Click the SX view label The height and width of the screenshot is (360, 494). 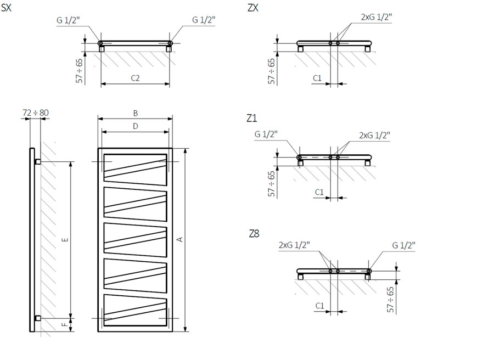click(x=6, y=7)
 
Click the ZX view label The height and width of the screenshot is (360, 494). click(x=253, y=7)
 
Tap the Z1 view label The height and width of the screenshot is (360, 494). click(x=252, y=118)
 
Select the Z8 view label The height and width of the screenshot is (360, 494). click(x=254, y=234)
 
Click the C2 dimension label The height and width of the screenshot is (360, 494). click(x=135, y=78)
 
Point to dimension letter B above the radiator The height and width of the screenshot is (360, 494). click(x=136, y=113)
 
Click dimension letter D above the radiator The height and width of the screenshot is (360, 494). click(x=136, y=126)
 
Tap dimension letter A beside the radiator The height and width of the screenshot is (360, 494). click(x=179, y=240)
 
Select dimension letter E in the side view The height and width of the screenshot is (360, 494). click(x=65, y=240)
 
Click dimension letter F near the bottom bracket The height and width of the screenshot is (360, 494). click(x=65, y=324)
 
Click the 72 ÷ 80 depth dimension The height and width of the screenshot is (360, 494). click(x=36, y=113)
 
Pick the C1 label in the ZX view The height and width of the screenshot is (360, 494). click(x=317, y=78)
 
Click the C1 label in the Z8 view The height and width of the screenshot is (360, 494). click(x=320, y=306)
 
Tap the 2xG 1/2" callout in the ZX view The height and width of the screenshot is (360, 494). click(x=377, y=17)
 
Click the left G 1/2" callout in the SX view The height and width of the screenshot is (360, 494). click(x=68, y=20)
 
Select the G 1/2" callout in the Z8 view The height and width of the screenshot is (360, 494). click(x=403, y=245)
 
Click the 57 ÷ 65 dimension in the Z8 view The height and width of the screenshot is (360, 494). click(x=390, y=300)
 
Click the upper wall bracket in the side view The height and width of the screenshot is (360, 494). click(x=37, y=161)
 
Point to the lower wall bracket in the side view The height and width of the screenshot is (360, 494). click(x=37, y=318)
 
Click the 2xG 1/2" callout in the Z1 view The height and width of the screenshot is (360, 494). click(x=374, y=136)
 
